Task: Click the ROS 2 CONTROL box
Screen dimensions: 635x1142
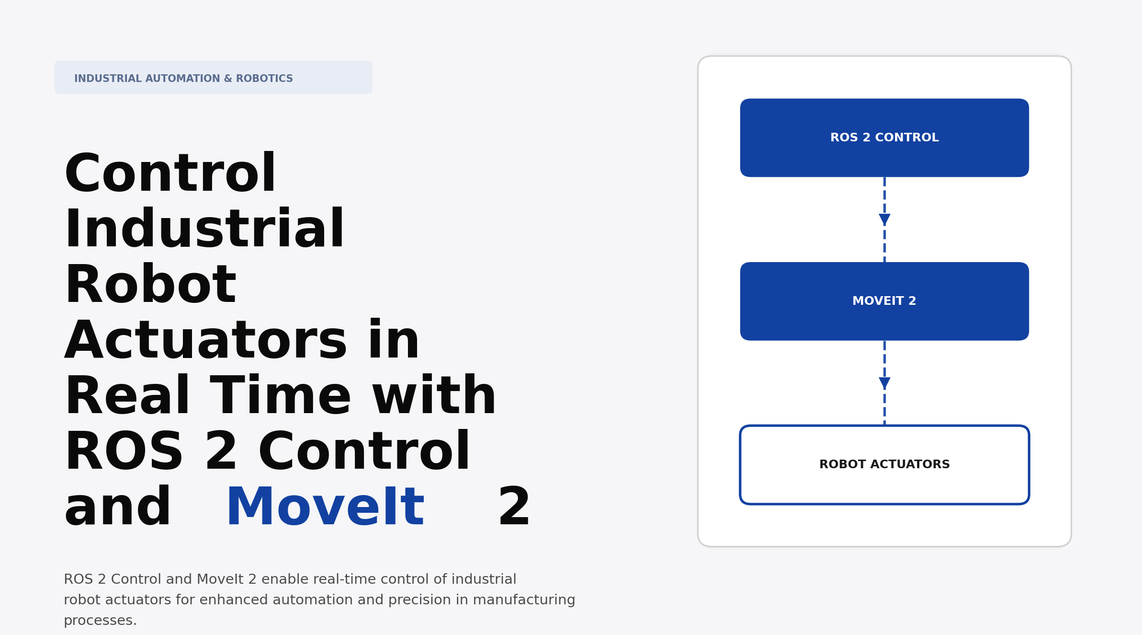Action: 884,138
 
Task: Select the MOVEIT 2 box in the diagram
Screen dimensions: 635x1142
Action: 884,301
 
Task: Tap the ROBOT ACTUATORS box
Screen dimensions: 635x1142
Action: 884,464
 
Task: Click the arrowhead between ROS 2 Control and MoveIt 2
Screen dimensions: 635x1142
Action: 884,219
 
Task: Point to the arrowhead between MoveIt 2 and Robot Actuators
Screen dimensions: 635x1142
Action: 884,383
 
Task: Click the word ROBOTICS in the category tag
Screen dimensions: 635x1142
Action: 264,79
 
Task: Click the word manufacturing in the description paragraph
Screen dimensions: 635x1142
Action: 524,600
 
